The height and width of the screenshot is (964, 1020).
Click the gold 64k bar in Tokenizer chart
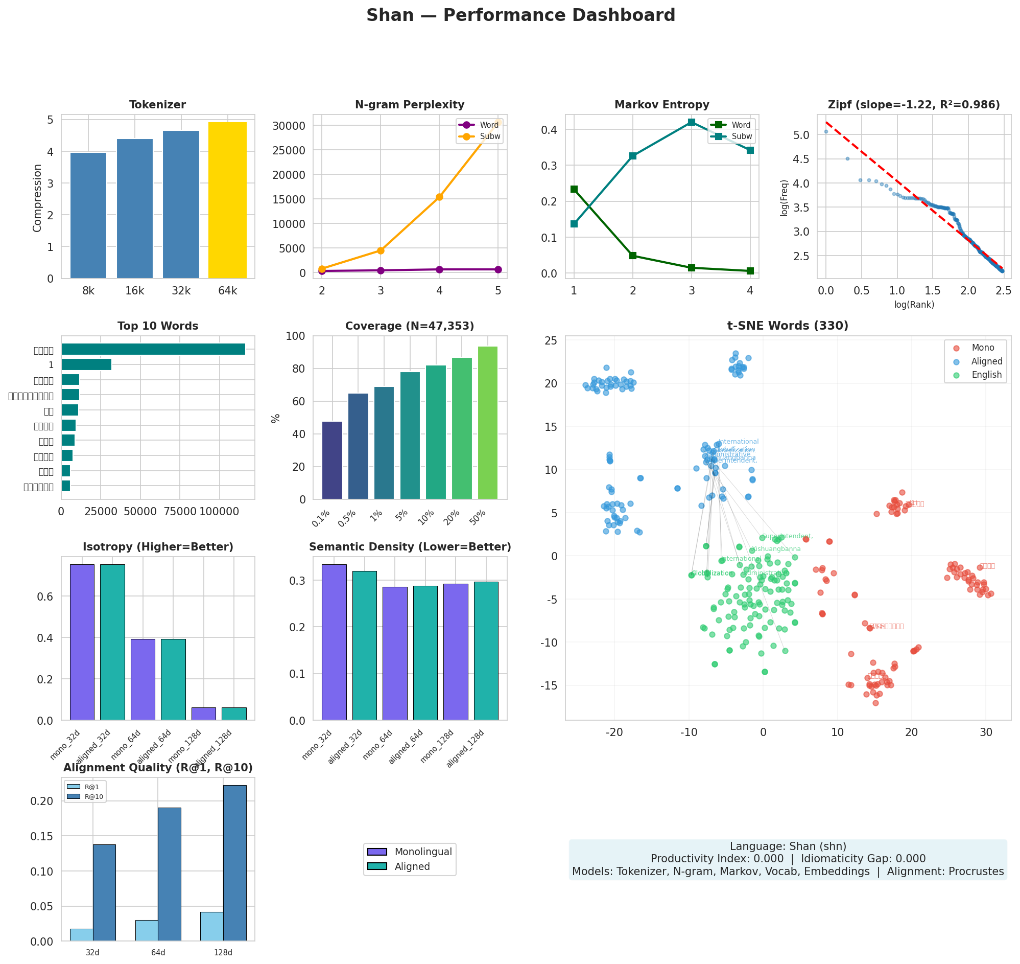point(227,200)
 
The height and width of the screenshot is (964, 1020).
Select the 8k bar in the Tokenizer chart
point(88,216)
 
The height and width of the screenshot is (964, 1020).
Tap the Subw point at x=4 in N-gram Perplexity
point(439,197)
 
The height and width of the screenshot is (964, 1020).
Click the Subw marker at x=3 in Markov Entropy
point(691,122)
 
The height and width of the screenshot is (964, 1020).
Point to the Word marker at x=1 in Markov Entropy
point(574,189)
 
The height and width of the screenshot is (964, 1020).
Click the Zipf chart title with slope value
point(913,105)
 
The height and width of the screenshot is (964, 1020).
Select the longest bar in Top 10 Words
point(153,350)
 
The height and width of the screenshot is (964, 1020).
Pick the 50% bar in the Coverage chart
point(487,423)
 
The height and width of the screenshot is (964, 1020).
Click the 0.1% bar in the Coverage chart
point(332,461)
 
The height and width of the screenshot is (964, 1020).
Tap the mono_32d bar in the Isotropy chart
point(82,642)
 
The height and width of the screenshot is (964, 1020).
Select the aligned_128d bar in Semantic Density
point(486,651)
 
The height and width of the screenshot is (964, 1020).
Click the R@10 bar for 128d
point(235,863)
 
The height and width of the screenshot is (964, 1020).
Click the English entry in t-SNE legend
point(986,375)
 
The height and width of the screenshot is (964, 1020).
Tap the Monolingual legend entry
point(422,852)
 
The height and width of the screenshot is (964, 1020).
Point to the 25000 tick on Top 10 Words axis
point(101,512)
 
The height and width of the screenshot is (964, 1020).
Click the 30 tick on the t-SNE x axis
point(986,733)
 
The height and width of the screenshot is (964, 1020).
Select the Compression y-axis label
point(37,198)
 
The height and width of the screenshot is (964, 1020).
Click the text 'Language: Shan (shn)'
point(787,846)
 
